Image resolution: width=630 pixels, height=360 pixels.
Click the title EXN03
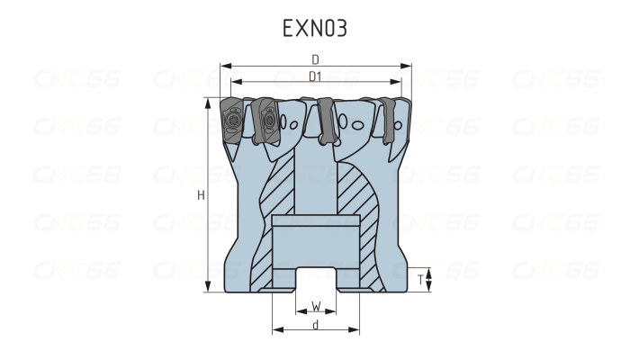tap(314, 28)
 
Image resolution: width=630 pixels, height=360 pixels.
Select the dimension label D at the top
tap(315, 58)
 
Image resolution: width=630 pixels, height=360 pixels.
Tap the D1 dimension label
tap(315, 77)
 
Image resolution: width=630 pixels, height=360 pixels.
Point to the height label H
tap(201, 194)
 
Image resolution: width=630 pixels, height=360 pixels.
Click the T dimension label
tap(420, 280)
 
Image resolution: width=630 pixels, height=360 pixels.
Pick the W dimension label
tap(316, 305)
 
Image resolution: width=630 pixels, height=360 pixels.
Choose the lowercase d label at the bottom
tap(316, 324)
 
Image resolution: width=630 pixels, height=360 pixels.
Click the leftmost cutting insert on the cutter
tap(230, 119)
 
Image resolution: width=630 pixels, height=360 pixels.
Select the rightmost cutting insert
tap(390, 118)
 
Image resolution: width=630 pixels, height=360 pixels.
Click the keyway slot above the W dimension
tap(316, 279)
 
